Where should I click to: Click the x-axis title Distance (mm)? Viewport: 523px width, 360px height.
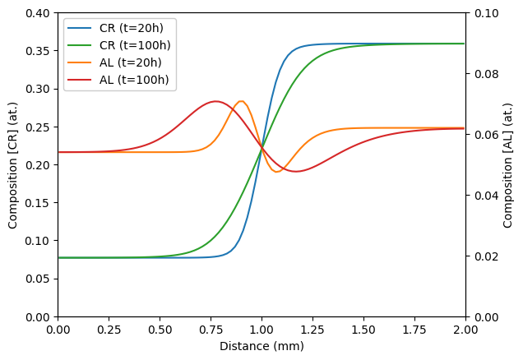[261, 346]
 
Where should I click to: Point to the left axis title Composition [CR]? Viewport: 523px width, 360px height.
[13, 164]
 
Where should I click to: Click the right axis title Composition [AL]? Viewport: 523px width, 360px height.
[508, 164]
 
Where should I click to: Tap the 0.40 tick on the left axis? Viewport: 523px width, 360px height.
[39, 13]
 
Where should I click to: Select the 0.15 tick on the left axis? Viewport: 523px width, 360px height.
[39, 203]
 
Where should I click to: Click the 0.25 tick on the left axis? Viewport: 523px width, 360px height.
[39, 127]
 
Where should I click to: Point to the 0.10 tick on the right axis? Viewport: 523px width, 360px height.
[484, 13]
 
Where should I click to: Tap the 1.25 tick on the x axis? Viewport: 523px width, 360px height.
[312, 329]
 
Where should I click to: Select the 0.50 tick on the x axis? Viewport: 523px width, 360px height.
[160, 329]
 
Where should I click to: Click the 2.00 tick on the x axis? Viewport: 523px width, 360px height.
[465, 329]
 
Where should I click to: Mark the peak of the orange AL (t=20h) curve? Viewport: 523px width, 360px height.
[241, 101]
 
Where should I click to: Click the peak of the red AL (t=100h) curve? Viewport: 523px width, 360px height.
[216, 101]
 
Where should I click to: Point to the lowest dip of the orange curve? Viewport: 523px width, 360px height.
[276, 172]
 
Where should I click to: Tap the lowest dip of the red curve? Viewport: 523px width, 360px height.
[296, 172]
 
